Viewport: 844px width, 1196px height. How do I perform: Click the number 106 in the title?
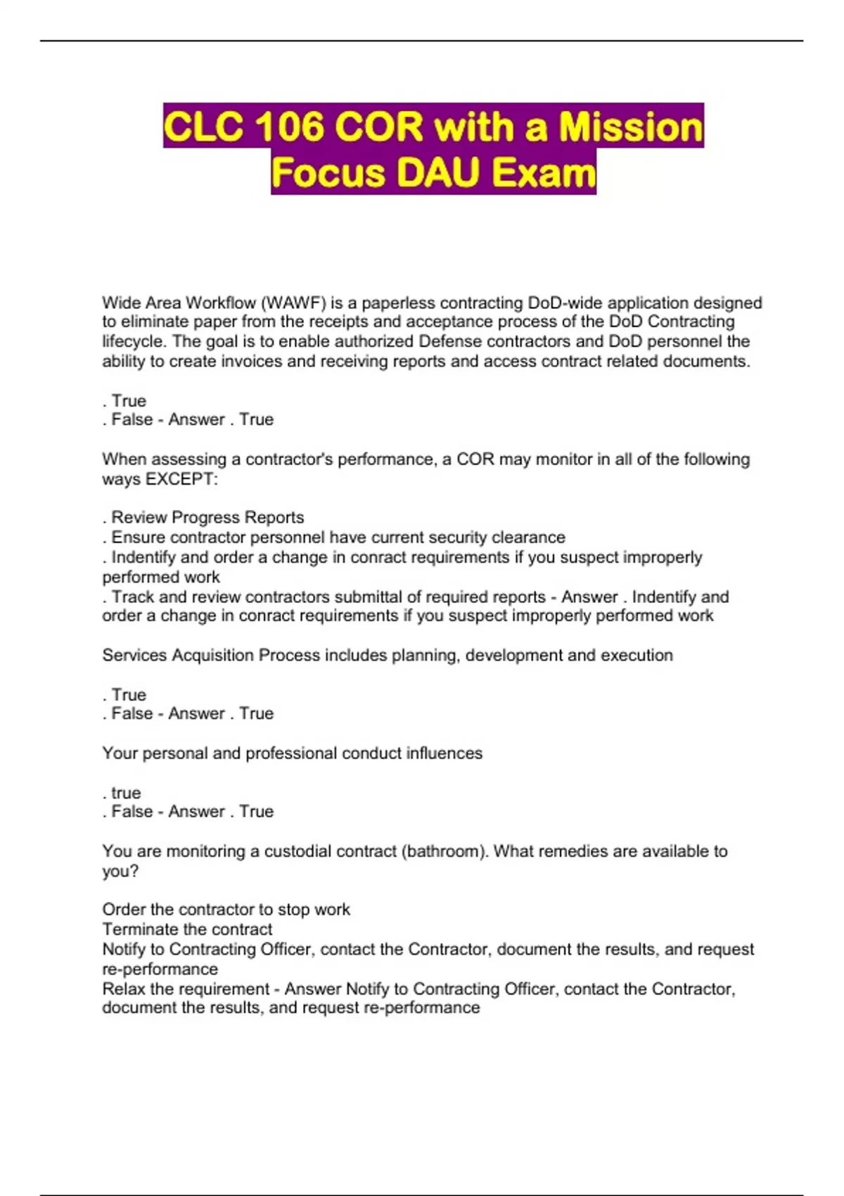point(290,127)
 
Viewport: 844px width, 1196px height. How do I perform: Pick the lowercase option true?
point(126,793)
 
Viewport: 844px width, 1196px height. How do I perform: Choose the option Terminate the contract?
point(187,929)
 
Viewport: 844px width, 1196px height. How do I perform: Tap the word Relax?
point(124,989)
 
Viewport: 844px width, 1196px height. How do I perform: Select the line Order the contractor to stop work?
point(226,910)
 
